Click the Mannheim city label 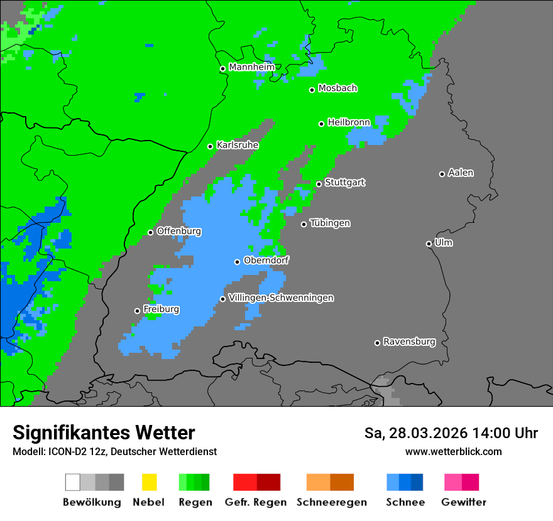coord(251,67)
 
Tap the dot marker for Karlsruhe coord(211,146)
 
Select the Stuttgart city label coord(345,183)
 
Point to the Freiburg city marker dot coord(137,311)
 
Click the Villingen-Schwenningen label coord(281,298)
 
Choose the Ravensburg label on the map coord(409,342)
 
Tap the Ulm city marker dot coord(429,244)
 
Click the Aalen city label coord(461,173)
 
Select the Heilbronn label coord(349,122)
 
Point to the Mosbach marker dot coord(312,90)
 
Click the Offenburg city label coord(179,231)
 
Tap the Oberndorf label coord(266,260)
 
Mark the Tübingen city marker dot coord(304,224)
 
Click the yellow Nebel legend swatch coord(149,482)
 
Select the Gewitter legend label coord(464,502)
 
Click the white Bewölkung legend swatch coord(73,482)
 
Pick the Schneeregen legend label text coord(332,502)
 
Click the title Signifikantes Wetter coord(104,432)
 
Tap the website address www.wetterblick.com coord(453,451)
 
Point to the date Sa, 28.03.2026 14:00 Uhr coord(451,433)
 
